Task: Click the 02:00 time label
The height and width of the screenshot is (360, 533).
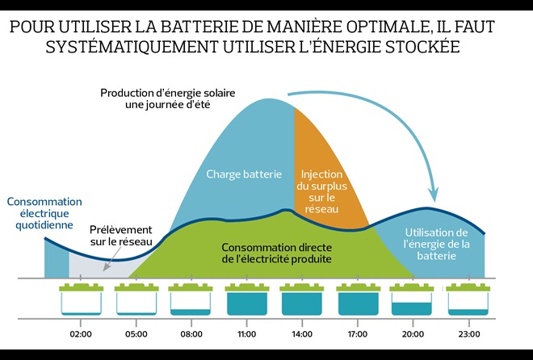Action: pos(81,334)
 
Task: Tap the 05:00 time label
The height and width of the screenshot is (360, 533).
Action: pos(136,334)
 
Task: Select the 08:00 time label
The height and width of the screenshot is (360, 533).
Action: pos(191,334)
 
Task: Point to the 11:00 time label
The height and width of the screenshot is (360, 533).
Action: pos(246,334)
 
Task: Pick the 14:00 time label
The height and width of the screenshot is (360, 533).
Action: pos(302,334)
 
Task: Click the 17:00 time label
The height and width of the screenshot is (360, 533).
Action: pos(358,334)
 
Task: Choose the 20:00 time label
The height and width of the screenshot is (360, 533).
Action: pos(413,334)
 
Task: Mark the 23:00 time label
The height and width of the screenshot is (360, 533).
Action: pos(468,334)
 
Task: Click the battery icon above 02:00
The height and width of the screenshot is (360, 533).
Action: pos(81,299)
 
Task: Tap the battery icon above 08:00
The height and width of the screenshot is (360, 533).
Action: pos(191,299)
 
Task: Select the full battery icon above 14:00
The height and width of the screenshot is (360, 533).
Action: pos(302,299)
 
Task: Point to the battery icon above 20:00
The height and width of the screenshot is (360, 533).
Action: pos(413,299)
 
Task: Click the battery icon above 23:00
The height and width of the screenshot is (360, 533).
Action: pos(468,299)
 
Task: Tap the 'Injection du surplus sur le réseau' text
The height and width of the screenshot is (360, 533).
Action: pos(322,190)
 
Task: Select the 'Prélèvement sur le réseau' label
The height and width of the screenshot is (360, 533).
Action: pos(114,235)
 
